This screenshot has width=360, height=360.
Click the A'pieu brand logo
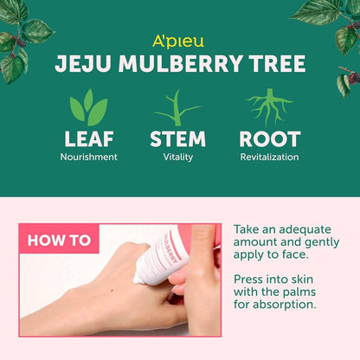(179, 41)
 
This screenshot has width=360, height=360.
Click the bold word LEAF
(88, 139)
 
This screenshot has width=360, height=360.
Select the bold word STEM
(177, 139)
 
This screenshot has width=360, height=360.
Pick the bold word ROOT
(270, 139)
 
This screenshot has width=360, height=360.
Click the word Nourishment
(88, 157)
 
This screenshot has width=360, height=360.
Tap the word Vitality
(177, 157)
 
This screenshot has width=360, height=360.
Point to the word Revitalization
(270, 157)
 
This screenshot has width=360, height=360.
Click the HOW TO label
(59, 241)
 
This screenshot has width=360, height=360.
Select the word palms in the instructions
(302, 292)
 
